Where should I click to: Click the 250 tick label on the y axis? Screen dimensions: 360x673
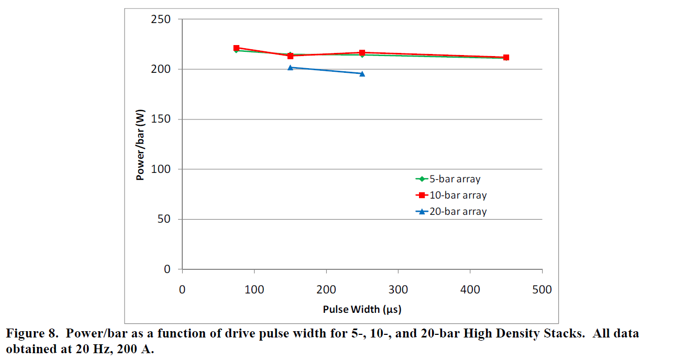160,19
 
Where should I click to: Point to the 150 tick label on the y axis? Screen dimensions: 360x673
160,119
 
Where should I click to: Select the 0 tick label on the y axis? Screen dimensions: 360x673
167,269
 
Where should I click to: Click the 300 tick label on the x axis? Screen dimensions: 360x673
398,290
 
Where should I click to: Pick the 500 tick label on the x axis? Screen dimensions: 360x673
542,290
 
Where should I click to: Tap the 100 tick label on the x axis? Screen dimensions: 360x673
254,290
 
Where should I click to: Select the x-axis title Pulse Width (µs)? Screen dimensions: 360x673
362,309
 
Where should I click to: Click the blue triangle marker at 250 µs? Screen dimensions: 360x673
362,73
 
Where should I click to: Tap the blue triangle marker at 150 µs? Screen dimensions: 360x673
290,67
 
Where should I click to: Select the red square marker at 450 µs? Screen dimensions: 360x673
506,57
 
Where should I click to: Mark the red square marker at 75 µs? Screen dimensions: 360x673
236,48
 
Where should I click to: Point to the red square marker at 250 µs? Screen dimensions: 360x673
362,53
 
